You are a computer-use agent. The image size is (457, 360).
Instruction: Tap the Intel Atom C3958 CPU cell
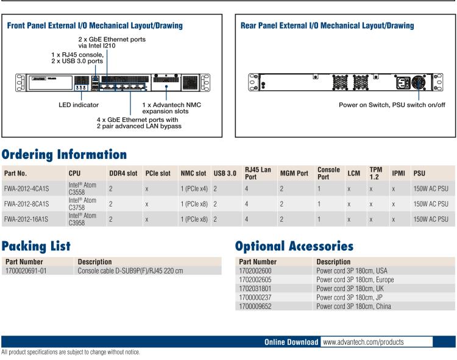(x=82, y=219)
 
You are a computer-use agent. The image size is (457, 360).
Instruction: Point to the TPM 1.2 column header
(x=375, y=172)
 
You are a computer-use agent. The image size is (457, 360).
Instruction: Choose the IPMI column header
(x=399, y=173)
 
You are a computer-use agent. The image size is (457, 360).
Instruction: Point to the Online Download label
(x=291, y=342)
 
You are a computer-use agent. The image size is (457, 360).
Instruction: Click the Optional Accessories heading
(x=294, y=246)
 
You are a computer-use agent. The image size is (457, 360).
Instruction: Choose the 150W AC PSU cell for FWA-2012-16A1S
(x=430, y=219)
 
